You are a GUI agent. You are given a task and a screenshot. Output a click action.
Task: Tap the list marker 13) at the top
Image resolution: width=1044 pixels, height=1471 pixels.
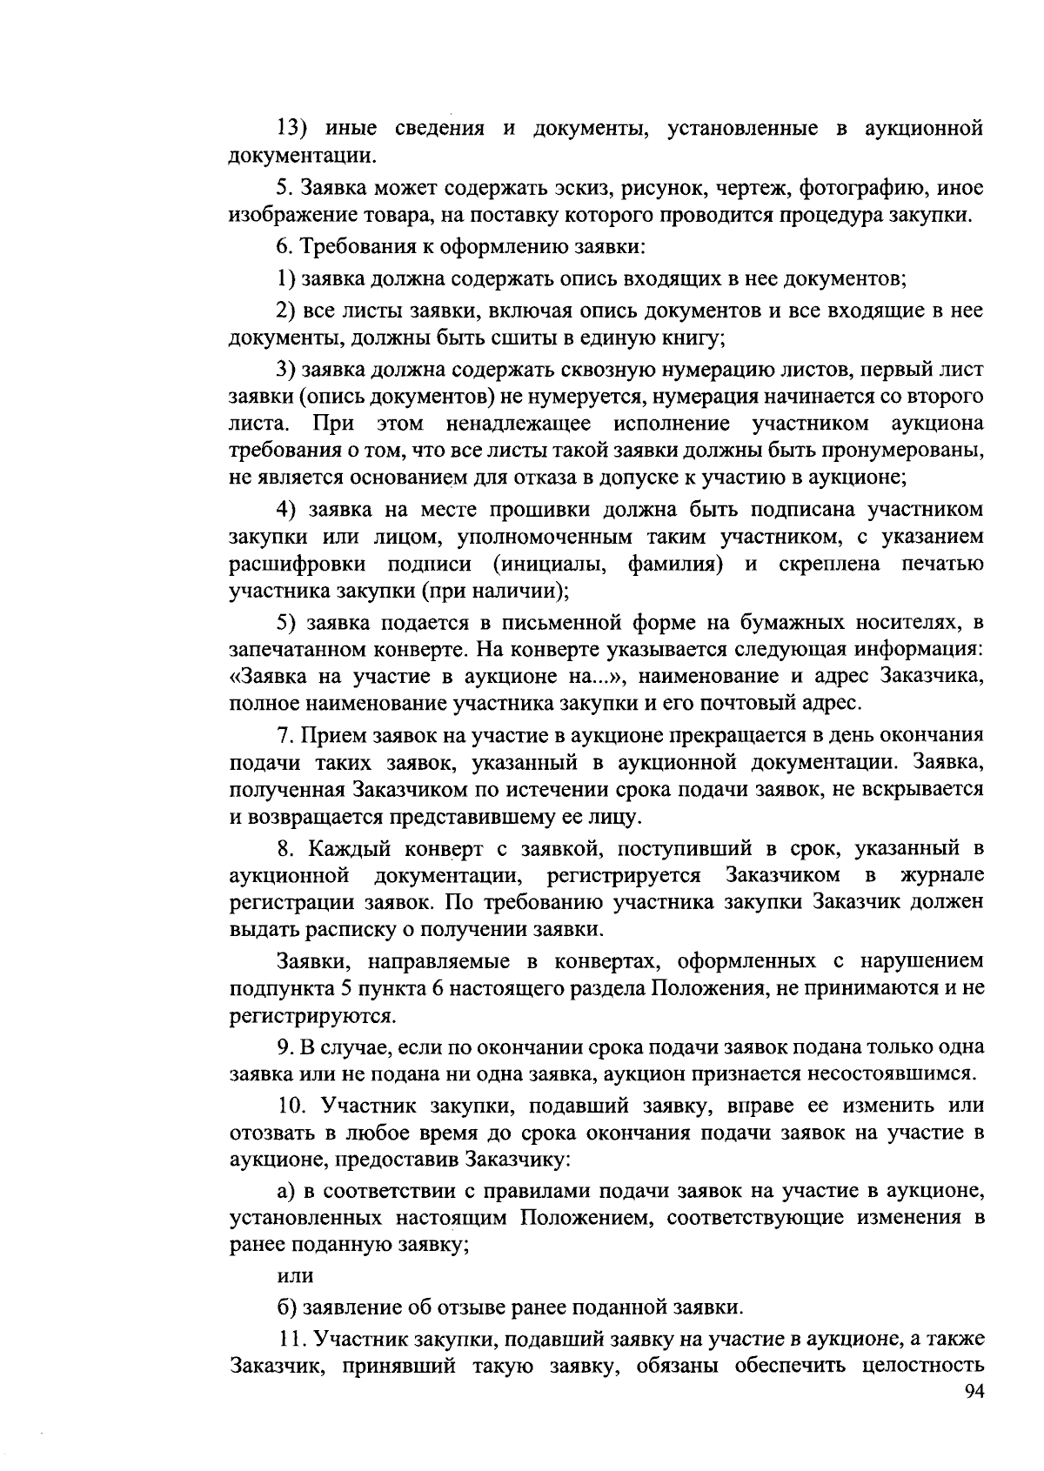click(293, 129)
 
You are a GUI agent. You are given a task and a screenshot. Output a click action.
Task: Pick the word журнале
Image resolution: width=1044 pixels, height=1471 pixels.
click(943, 873)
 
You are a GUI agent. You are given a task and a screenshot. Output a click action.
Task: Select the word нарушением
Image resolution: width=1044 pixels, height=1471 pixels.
click(921, 961)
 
